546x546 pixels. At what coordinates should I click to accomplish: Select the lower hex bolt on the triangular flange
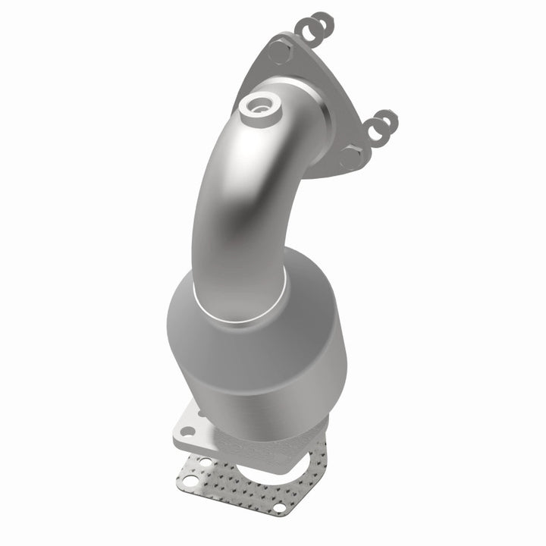pyautogui.click(x=351, y=157)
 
